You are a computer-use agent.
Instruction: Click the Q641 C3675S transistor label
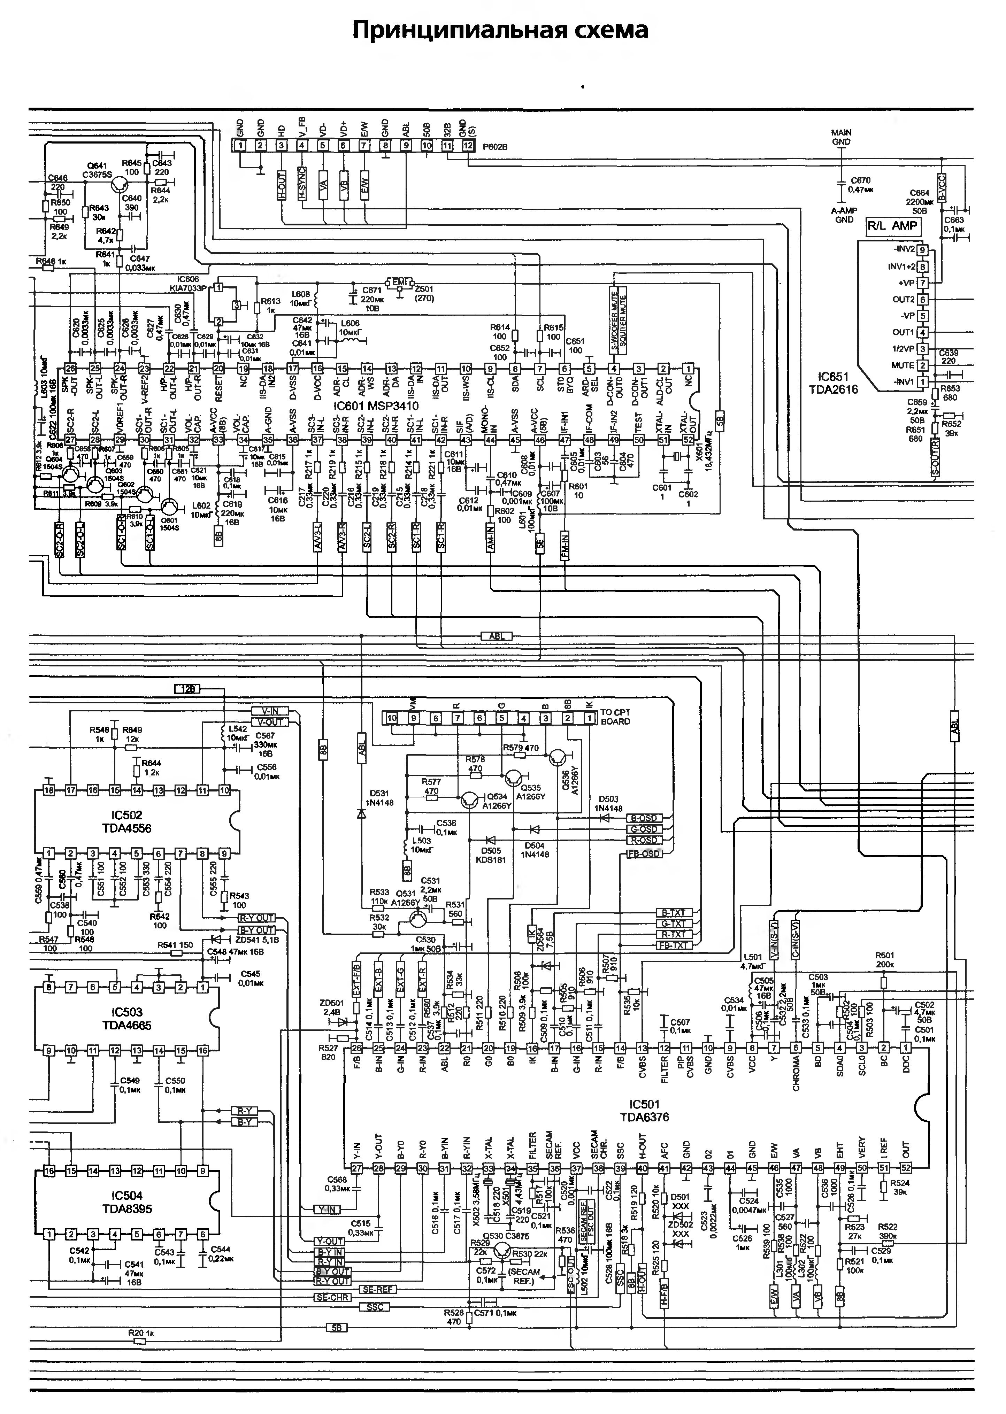click(x=99, y=170)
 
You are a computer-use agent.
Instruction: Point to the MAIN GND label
click(x=841, y=137)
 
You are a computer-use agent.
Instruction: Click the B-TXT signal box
click(x=673, y=913)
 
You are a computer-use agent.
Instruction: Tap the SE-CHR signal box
click(x=333, y=1297)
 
